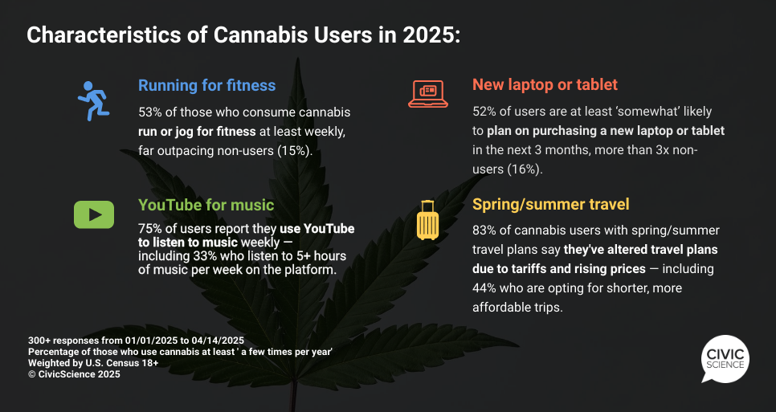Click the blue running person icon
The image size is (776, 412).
click(93, 101)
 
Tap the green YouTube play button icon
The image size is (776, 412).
click(94, 214)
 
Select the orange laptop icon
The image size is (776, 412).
click(428, 93)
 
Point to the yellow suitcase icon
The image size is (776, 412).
click(427, 220)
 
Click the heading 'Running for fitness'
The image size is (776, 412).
click(207, 85)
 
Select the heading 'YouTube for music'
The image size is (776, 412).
click(206, 205)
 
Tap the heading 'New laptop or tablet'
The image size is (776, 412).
click(545, 84)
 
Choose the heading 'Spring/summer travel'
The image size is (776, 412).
click(551, 204)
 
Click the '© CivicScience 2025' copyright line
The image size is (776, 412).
click(74, 374)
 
